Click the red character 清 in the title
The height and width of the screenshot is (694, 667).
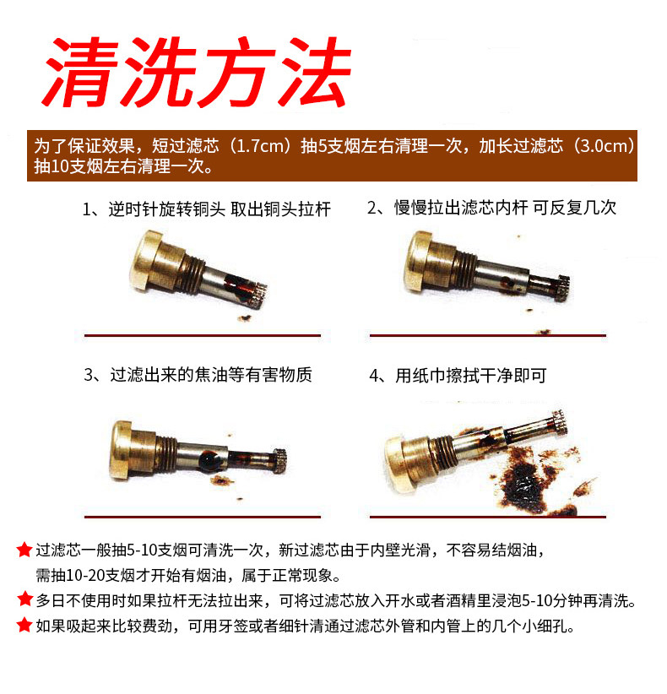tap(83, 71)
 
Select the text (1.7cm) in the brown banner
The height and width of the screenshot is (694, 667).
tap(260, 146)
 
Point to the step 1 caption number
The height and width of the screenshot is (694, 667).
tap(87, 209)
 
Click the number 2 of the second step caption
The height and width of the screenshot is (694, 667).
tap(371, 208)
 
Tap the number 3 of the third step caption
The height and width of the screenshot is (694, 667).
tap(89, 376)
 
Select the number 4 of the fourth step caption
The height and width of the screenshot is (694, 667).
tap(374, 377)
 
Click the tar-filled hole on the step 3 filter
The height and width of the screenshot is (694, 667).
tap(208, 460)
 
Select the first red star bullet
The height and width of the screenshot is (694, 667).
tap(24, 550)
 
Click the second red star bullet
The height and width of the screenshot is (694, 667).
tap(24, 599)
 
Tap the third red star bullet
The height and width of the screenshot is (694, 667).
tap(24, 625)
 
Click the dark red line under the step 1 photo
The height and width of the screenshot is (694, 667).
tap(203, 335)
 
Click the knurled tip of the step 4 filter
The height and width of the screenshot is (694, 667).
tap(559, 423)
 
